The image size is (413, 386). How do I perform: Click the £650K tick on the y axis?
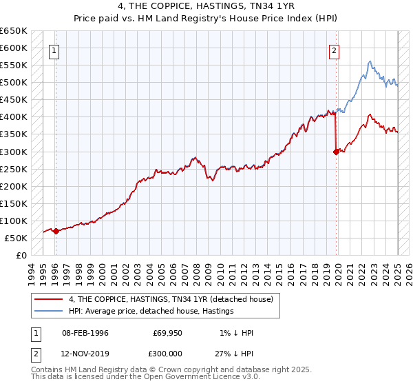[14, 31]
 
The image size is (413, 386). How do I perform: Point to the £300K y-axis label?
[14, 152]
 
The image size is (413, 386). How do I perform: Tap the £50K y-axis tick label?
[16, 238]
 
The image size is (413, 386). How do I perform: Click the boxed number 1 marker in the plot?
[54, 50]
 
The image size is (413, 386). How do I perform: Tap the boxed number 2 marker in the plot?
[334, 50]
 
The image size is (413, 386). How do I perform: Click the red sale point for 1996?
[56, 232]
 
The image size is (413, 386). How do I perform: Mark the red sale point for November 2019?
[337, 152]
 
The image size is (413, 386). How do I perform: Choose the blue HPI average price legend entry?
[151, 311]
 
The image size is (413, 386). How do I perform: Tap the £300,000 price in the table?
[168, 352]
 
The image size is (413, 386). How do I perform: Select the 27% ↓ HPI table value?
[234, 352]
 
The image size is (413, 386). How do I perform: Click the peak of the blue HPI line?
[370, 61]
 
